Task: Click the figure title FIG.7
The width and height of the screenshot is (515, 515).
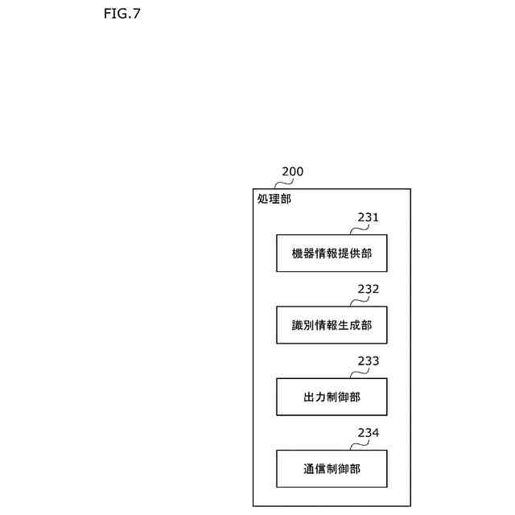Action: coord(122,14)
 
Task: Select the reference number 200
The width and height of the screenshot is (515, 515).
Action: coord(292,171)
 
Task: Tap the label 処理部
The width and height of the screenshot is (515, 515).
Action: coord(274,199)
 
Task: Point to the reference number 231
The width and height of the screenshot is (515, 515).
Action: coord(369,217)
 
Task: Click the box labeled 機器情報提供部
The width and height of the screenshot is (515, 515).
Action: coord(332,253)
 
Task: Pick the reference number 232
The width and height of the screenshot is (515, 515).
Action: coord(369,289)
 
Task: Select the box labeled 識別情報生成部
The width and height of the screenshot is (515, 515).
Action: coord(332,325)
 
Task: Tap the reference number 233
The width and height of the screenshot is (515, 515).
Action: coord(369,361)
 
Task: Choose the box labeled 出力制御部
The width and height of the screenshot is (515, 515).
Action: coord(332,398)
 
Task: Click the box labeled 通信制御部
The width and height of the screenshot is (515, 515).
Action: coord(332,469)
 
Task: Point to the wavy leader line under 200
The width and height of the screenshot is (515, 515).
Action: coord(278,183)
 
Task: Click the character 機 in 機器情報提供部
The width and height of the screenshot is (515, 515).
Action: coord(298,253)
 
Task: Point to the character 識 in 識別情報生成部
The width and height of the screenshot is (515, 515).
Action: coord(298,325)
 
